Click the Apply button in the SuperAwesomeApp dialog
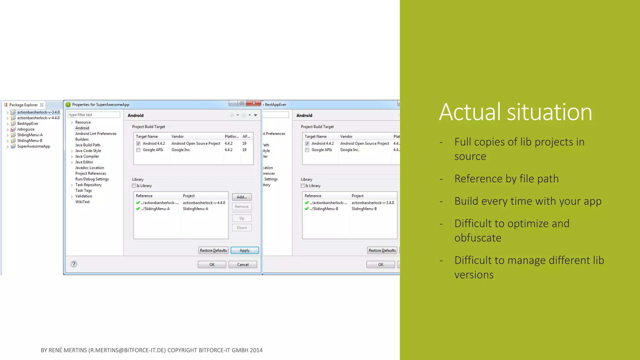(244, 250)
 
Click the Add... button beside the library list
(242, 197)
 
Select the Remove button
(242, 207)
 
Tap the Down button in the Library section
(242, 227)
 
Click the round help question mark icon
(74, 264)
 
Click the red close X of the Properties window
(253, 103)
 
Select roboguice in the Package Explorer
(26, 129)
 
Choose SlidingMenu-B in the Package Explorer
(29, 141)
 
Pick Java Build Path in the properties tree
(87, 145)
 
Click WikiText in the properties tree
(82, 202)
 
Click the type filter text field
(94, 115)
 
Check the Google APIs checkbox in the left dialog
(138, 150)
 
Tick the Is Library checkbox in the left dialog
(134, 186)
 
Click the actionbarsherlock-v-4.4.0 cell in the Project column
(204, 203)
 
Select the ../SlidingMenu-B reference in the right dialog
(324, 209)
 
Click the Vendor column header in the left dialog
(177, 137)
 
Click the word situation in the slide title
(549, 112)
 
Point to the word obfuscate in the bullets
(477, 238)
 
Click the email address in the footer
(127, 350)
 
